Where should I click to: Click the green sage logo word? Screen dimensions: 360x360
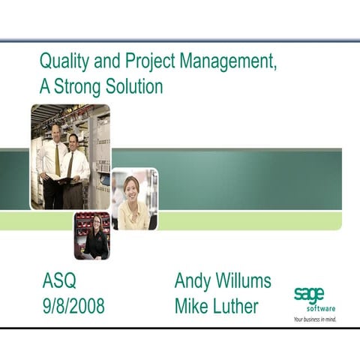[x=309, y=294]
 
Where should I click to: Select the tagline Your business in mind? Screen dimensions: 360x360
[x=314, y=319]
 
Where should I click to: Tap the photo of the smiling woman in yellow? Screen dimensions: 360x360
[x=134, y=199]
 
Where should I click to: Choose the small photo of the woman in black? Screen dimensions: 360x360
[x=91, y=235]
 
